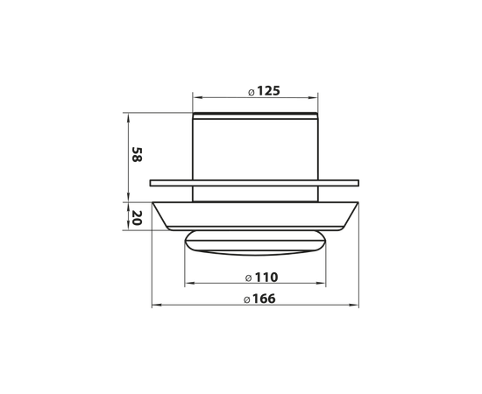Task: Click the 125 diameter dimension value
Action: [268, 91]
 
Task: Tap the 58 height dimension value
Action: [137, 154]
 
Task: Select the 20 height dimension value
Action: [137, 218]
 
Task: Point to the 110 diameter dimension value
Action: [266, 278]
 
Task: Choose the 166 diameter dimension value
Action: [264, 299]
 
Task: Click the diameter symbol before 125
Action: [252, 93]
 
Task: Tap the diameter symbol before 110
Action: [249, 278]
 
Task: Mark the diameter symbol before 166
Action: [246, 299]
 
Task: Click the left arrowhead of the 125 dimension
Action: [197, 98]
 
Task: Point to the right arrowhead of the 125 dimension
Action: [313, 98]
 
